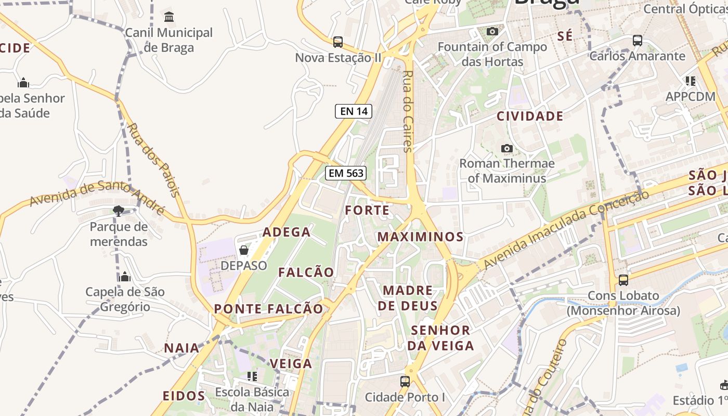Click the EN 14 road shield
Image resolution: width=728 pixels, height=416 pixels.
353,111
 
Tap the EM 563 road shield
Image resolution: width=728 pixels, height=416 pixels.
346,173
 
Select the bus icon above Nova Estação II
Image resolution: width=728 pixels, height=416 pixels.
338,42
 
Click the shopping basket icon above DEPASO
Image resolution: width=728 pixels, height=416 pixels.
244,251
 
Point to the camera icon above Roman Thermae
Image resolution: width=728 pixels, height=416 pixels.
507,149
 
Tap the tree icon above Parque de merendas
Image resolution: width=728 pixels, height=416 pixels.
119,211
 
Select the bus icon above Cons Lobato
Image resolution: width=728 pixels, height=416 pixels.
623,280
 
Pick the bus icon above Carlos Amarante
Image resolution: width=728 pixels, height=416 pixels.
638,41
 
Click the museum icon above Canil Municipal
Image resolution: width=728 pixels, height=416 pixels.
169,17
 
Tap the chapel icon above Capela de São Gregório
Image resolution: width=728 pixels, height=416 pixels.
125,277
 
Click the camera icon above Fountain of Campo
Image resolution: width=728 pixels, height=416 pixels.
492,32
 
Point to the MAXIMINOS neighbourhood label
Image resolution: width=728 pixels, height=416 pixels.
420,237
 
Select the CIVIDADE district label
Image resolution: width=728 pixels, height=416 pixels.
530,116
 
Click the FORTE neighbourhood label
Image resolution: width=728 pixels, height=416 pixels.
367,211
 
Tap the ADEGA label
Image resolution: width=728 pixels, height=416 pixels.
287,232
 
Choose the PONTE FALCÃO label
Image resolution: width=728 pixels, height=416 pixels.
269,309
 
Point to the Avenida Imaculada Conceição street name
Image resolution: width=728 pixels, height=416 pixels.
567,229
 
